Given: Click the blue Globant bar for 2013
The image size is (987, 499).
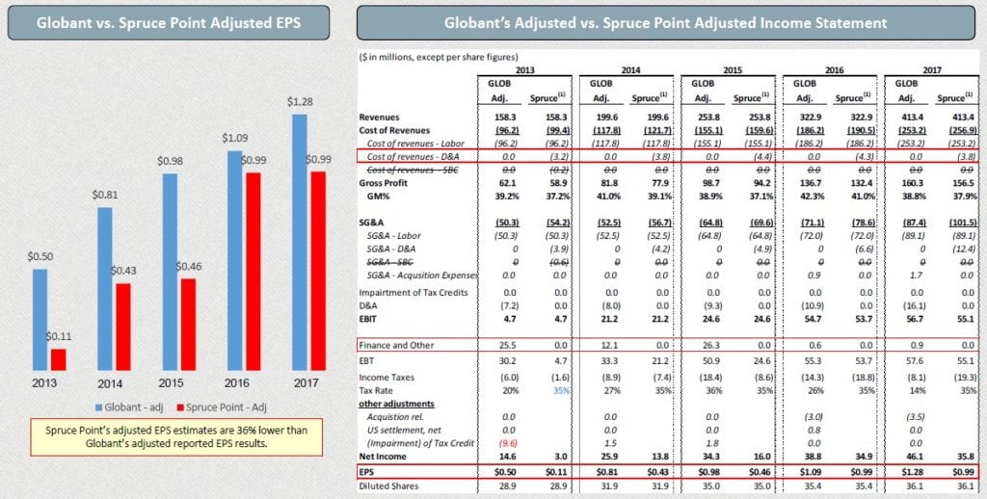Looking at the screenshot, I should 40,319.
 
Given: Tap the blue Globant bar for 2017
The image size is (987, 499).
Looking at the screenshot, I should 299,242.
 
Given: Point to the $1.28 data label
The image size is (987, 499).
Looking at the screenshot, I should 299,102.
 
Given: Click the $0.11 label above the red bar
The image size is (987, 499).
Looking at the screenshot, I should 62,337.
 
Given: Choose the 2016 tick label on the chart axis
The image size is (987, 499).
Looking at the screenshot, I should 233,381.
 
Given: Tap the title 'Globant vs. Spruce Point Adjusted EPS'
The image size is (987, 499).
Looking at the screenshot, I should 168,21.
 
